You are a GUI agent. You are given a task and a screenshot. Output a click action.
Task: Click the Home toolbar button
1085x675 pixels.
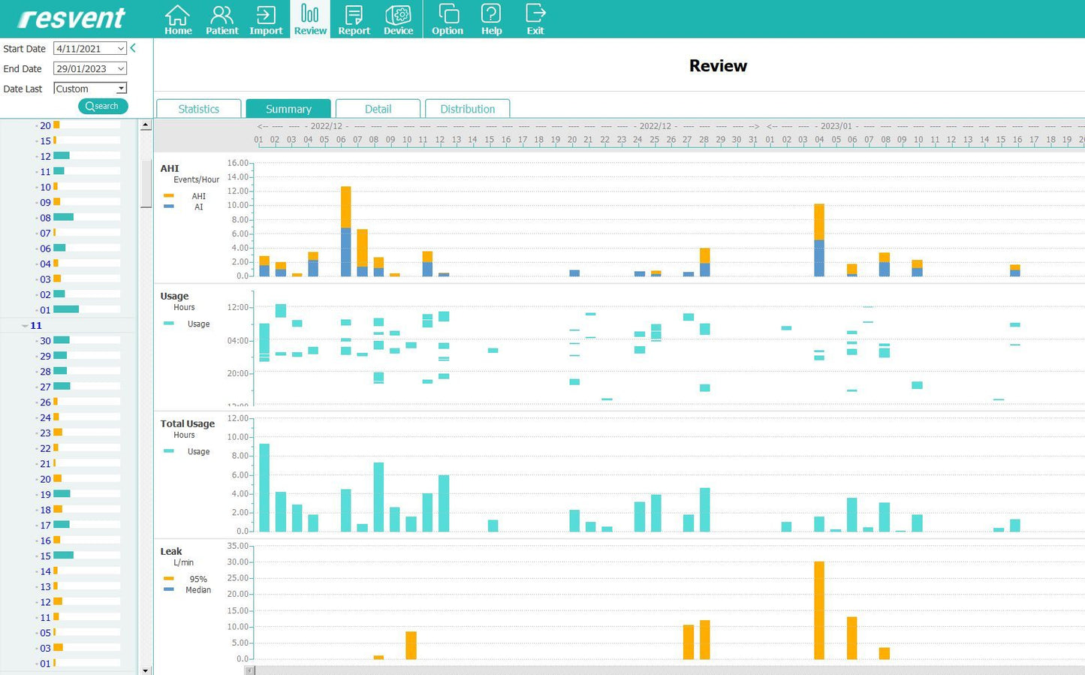coord(178,20)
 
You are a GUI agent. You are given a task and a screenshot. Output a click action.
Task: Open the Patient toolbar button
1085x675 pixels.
coord(222,20)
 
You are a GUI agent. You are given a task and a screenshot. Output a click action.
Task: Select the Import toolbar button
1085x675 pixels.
coord(266,20)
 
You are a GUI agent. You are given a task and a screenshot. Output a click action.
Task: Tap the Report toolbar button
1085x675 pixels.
coord(354,20)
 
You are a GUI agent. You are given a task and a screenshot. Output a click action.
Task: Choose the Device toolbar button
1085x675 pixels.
coord(398,20)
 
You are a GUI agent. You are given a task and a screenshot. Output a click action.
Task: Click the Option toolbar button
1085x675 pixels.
coord(447,20)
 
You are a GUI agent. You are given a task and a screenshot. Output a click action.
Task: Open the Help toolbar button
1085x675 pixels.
coord(491,20)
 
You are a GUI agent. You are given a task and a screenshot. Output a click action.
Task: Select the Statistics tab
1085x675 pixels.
coord(198,109)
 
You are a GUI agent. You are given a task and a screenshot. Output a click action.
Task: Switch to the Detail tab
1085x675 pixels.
coord(378,109)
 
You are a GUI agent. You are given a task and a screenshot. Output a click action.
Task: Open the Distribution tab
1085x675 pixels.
coord(467,109)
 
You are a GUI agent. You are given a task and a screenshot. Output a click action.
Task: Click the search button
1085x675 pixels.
coord(103,106)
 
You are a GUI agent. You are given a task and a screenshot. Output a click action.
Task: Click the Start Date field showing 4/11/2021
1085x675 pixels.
coord(84,49)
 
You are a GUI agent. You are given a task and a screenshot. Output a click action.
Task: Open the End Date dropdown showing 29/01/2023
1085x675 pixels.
coord(120,68)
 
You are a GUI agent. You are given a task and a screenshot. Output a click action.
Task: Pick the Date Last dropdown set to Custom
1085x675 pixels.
coord(120,89)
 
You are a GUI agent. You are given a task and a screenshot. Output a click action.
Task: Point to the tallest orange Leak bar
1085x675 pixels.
coord(819,610)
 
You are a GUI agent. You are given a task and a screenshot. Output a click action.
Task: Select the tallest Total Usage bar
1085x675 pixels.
coord(264,487)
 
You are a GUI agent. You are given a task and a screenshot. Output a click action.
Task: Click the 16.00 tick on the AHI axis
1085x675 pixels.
coord(237,163)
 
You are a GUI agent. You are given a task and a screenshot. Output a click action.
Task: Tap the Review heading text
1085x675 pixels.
coord(718,66)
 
